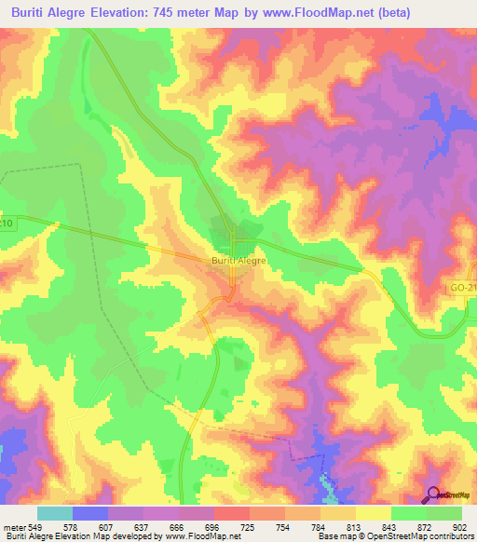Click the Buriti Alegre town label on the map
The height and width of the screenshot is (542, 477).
click(x=239, y=262)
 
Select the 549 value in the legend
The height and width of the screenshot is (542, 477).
click(x=36, y=527)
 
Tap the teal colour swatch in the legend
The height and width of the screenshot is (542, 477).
click(x=54, y=513)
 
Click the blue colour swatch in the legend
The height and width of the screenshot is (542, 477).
click(x=90, y=513)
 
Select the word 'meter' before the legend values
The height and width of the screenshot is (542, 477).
click(x=15, y=527)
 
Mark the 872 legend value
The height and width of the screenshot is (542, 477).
click(x=426, y=527)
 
